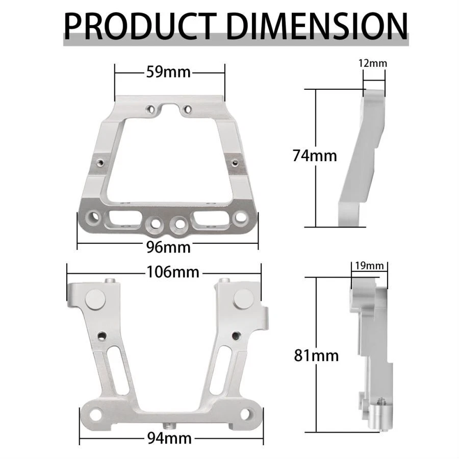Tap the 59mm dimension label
(x=168, y=72)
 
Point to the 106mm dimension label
(x=172, y=272)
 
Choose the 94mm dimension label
(x=168, y=437)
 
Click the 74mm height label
(x=315, y=156)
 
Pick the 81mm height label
(x=316, y=355)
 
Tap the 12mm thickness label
(x=373, y=64)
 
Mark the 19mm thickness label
(x=369, y=266)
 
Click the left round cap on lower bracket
(x=95, y=299)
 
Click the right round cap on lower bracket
(x=243, y=299)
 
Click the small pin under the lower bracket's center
(x=168, y=425)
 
